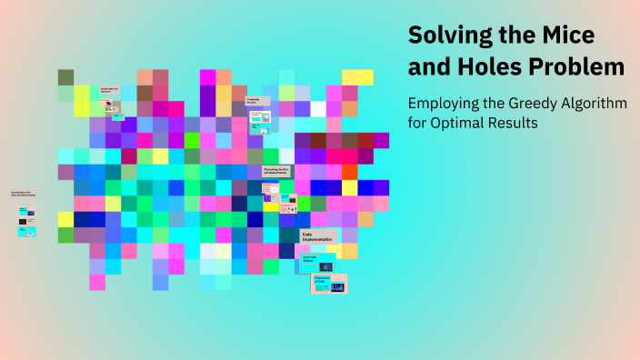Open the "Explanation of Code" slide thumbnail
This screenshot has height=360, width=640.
[329, 283]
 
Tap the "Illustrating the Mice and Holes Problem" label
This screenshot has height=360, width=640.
[276, 170]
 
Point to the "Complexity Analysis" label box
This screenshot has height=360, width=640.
[258, 102]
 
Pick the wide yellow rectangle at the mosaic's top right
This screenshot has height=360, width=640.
[357, 77]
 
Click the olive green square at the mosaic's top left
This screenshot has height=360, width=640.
[65, 77]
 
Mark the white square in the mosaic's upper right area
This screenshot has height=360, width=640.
[318, 109]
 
